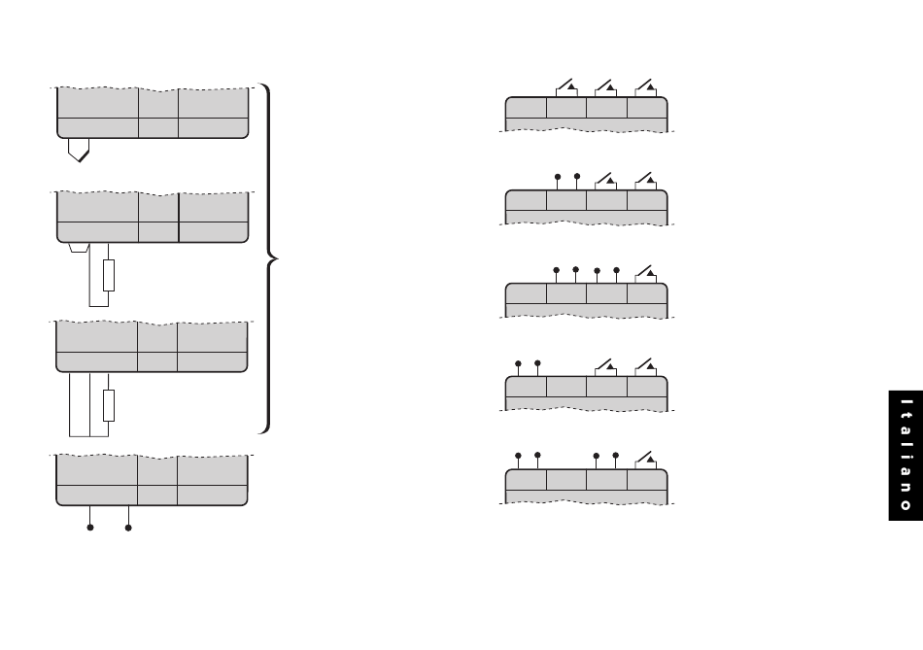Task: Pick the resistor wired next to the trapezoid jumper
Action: [109, 275]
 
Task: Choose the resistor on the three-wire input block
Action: [109, 404]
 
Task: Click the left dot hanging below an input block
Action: [90, 529]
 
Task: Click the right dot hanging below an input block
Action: [128, 529]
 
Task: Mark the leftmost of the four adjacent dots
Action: [557, 269]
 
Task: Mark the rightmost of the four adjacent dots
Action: [616, 269]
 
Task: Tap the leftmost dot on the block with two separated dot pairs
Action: [518, 455]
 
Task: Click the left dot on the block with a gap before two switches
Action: [518, 363]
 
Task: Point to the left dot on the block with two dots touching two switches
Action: [557, 177]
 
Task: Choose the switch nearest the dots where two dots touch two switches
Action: [606, 179]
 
